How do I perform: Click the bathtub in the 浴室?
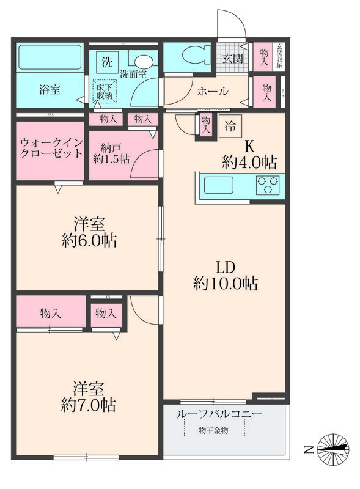50,59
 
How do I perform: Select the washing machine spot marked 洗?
107,61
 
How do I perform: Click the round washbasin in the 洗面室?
144,61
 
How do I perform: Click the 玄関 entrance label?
232,59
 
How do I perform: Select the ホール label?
212,92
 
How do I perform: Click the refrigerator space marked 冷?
230,127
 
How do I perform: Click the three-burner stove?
268,185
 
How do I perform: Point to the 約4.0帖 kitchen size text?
249,163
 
